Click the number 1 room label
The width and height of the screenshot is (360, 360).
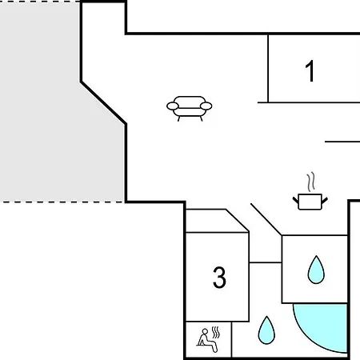pyautogui.click(x=310, y=71)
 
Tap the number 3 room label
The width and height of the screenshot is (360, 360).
pyautogui.click(x=219, y=278)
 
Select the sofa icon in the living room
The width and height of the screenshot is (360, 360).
pyautogui.click(x=190, y=109)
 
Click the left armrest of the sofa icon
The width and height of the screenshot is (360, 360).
pyautogui.click(x=173, y=106)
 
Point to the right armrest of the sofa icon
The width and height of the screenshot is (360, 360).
pyautogui.click(x=206, y=106)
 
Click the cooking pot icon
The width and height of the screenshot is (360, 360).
pyautogui.click(x=310, y=202)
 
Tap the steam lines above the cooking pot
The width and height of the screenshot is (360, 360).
pyautogui.click(x=310, y=182)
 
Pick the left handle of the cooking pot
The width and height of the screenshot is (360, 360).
pyautogui.click(x=296, y=201)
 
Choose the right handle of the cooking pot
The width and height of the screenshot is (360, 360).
pyautogui.click(x=325, y=201)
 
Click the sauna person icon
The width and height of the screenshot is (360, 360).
pyautogui.click(x=207, y=341)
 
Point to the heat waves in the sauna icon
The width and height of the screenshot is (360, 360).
pyautogui.click(x=216, y=332)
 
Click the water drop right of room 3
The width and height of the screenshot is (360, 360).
pyautogui.click(x=316, y=270)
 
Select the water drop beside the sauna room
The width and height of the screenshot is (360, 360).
pyautogui.click(x=266, y=330)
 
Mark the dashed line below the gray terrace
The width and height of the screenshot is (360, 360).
pyautogui.click(x=62, y=202)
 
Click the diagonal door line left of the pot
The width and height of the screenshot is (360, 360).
pyautogui.click(x=266, y=219)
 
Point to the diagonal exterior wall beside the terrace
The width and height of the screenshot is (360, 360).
pyautogui.click(x=103, y=103)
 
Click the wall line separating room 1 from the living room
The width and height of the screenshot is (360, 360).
pyautogui.click(x=268, y=68)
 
